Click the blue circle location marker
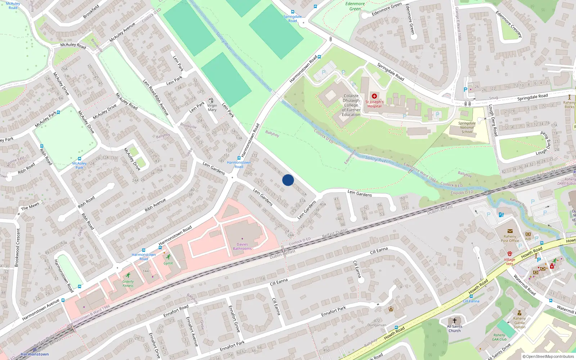tap(288, 180)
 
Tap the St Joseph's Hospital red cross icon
tap(374, 96)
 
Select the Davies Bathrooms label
tap(242, 247)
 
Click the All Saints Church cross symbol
tap(455, 320)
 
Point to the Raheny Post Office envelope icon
tap(510, 231)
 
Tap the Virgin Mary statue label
tap(212, 108)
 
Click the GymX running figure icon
tap(168, 257)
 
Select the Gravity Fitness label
tap(128, 284)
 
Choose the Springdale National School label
tap(467, 127)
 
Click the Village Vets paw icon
tap(510, 254)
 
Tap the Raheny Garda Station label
tap(519, 323)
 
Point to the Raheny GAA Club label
tap(499, 337)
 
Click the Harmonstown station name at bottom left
tap(35, 354)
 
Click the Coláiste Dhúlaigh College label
tap(351, 105)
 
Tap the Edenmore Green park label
tap(355, 6)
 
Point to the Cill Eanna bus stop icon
tap(471, 296)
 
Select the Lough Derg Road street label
tap(492, 120)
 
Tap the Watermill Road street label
tap(525, 285)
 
